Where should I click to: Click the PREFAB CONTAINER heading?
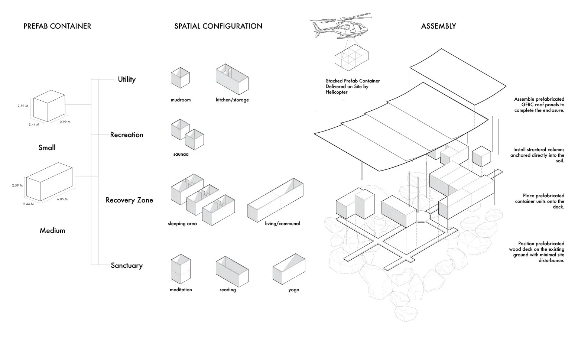pos(57,26)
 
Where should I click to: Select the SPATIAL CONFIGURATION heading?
pos(218,26)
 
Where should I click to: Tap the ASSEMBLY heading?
pos(438,26)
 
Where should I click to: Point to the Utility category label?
pos(127,79)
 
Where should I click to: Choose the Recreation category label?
pos(127,134)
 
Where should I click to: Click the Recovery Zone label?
pos(129,200)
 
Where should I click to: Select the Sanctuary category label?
pos(127,266)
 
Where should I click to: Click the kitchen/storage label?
pos(232,100)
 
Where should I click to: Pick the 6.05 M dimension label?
pos(62,199)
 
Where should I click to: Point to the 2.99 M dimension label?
pos(65,122)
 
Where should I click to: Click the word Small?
pos(47,147)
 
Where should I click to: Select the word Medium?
pos(52,230)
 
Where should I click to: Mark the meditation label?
pos(181,290)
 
